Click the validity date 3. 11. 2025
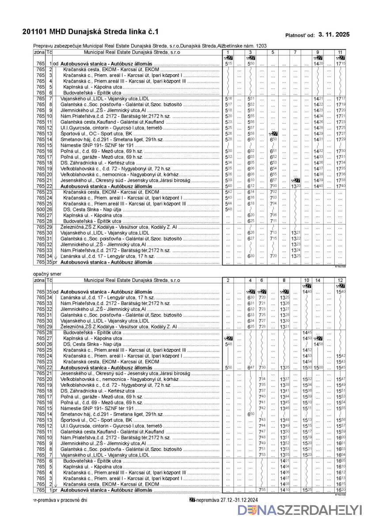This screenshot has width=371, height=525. point(334,34)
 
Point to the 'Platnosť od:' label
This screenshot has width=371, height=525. point(300,35)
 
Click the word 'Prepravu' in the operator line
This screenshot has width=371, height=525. point(43,46)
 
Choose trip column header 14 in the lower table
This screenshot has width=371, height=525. point(318,280)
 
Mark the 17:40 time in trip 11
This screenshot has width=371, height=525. point(341,186)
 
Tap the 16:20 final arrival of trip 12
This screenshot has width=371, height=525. point(341,490)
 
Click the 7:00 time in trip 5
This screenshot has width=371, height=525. point(273,186)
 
